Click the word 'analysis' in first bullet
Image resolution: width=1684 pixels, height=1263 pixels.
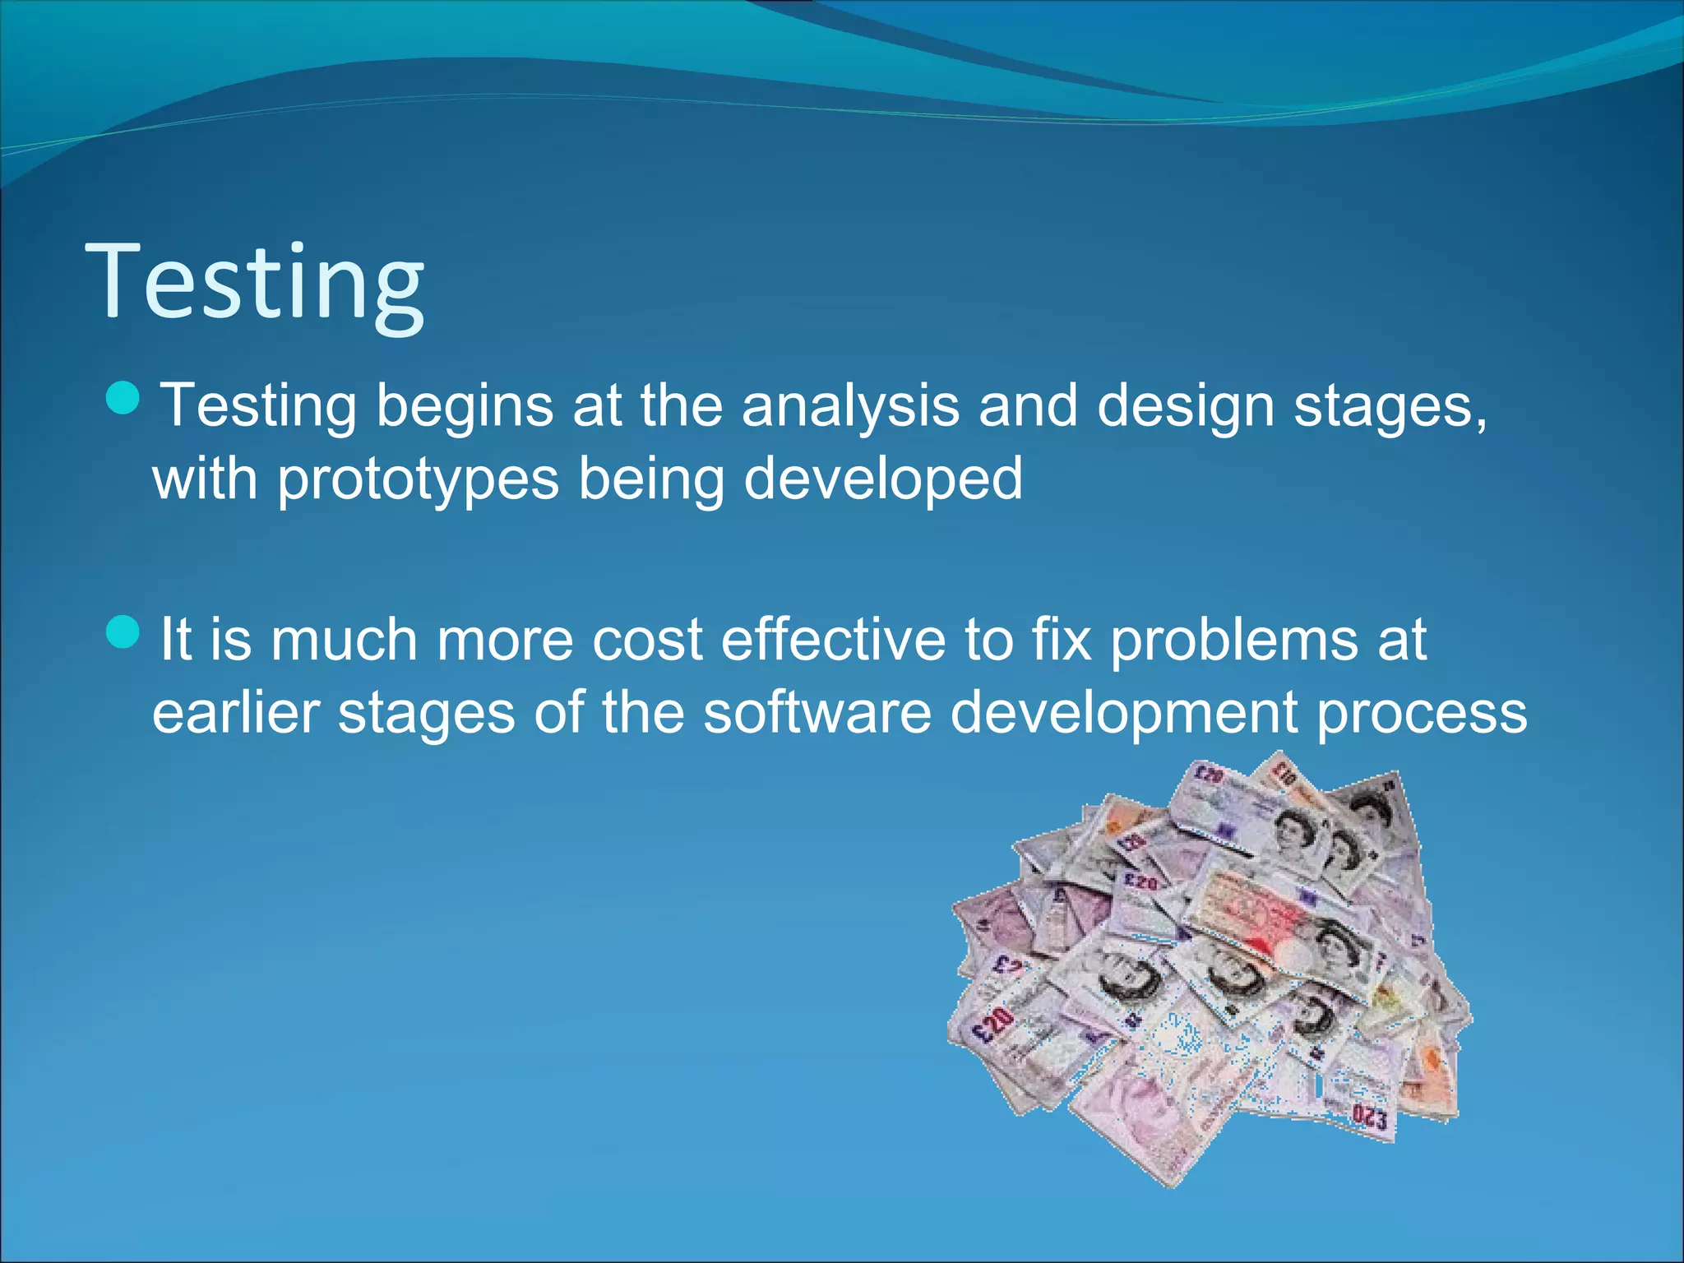tap(850, 407)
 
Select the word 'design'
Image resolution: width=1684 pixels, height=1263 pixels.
tap(1186, 407)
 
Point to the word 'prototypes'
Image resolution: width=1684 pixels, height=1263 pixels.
tap(418, 479)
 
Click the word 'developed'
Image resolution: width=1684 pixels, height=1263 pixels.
tap(883, 479)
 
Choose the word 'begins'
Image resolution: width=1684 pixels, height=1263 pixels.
tap(465, 407)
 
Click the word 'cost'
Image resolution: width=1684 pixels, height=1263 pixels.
tap(647, 640)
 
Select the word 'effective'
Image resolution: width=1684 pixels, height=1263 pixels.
tap(834, 640)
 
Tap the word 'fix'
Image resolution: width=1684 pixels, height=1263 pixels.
tap(1062, 640)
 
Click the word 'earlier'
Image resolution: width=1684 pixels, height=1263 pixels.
tap(236, 712)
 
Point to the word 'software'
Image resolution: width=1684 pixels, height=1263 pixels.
tap(817, 712)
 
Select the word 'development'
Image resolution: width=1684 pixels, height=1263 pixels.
tap(1123, 712)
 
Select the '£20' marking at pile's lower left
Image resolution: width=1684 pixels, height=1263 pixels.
tap(992, 1025)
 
